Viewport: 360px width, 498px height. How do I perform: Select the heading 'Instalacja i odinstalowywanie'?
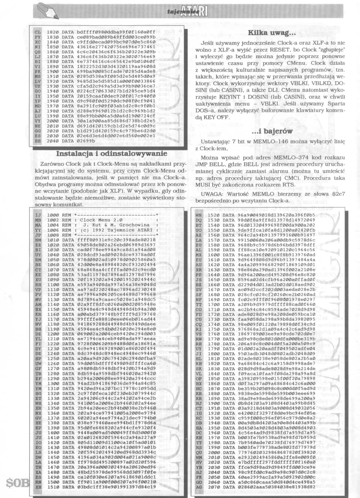coord(112,153)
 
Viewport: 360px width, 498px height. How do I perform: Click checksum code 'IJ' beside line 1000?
coord(38,215)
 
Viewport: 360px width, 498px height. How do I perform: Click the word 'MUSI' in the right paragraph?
coord(202,185)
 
